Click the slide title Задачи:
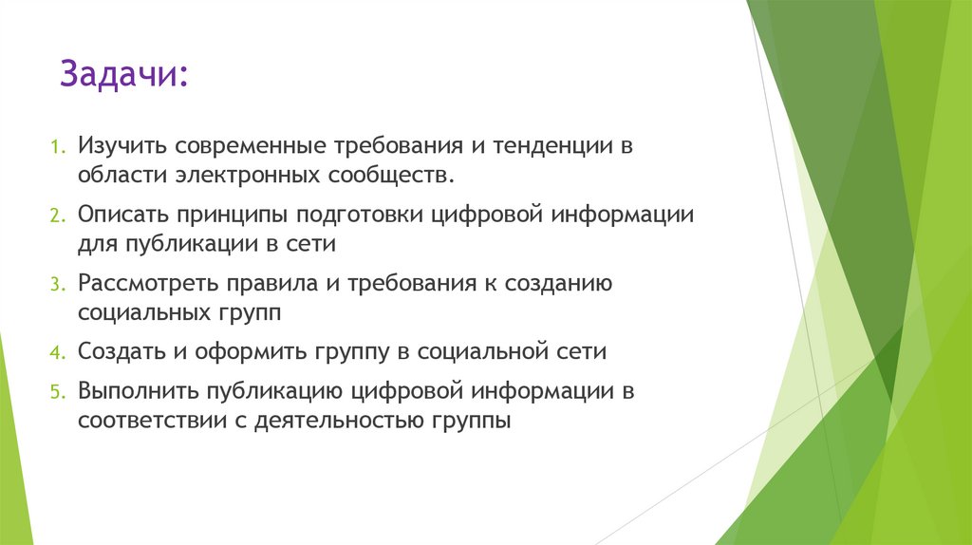(123, 73)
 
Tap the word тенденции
(544, 146)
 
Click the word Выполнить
(137, 391)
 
